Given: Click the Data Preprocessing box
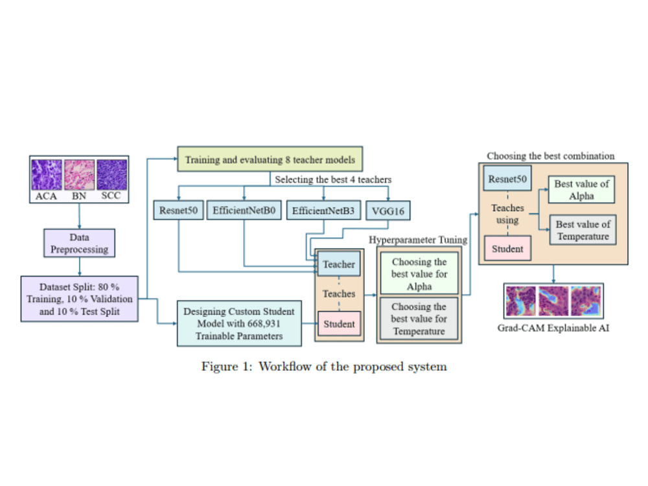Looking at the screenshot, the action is click(79, 243).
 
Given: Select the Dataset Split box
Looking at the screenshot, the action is click(79, 299).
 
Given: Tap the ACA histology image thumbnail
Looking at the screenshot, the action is click(47, 175).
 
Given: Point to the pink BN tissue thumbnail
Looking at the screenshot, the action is click(79, 175).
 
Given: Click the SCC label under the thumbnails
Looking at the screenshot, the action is click(111, 196).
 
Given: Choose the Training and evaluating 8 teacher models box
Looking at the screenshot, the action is click(270, 159).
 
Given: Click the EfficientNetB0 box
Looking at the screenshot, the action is click(244, 211).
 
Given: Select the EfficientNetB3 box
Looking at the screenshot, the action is click(323, 211).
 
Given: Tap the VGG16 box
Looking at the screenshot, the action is click(388, 211).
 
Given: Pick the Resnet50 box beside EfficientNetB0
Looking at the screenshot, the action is click(179, 211).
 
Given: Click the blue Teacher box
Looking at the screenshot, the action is click(339, 264).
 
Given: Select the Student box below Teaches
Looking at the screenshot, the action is click(339, 323).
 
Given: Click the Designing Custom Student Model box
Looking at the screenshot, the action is click(239, 323).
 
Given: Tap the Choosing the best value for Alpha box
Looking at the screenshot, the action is click(419, 274).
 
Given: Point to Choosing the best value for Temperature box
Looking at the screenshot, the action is click(419, 319).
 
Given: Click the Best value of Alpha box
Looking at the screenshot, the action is click(581, 190).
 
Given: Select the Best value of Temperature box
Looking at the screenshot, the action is click(583, 230).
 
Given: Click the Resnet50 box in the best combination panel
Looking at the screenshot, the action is click(507, 179).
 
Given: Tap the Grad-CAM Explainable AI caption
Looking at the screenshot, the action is click(553, 328).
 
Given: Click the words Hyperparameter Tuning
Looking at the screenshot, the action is click(418, 240).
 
